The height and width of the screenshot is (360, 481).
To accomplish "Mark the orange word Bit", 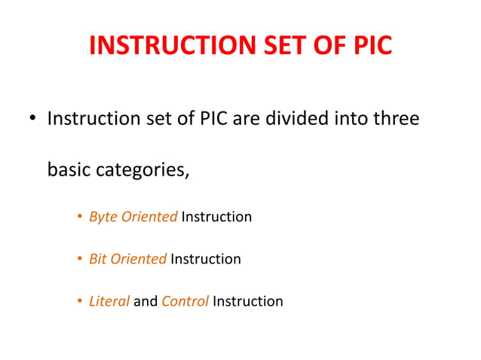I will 98,259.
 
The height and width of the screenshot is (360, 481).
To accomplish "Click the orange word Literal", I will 109,301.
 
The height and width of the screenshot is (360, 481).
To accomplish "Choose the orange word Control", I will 185,301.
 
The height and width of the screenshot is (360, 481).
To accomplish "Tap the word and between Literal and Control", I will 146,301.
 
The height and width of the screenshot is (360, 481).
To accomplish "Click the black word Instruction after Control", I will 248,301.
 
